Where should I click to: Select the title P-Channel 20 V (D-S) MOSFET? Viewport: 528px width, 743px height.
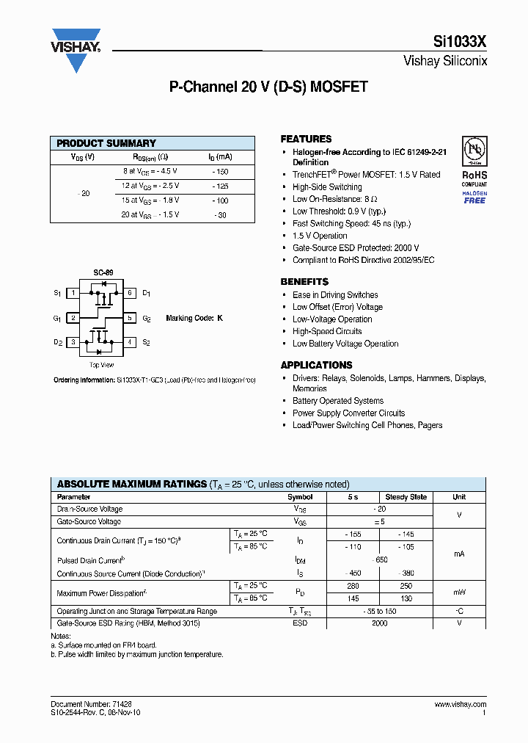click(x=268, y=87)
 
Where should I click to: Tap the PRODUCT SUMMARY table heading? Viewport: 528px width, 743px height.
click(x=106, y=143)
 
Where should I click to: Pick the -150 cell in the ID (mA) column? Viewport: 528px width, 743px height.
click(x=220, y=171)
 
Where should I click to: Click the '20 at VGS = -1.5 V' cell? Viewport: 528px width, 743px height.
click(x=150, y=214)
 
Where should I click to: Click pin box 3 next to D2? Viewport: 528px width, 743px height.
click(x=73, y=342)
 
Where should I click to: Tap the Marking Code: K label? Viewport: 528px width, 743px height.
click(x=194, y=318)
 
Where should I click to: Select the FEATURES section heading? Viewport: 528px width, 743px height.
click(x=306, y=139)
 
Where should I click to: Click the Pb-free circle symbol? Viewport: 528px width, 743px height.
click(x=474, y=151)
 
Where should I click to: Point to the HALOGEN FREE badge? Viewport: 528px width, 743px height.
click(x=474, y=197)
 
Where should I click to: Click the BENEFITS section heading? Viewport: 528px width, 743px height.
click(x=304, y=282)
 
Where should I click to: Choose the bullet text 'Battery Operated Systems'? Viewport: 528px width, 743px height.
click(x=338, y=401)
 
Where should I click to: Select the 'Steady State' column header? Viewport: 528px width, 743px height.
click(x=406, y=497)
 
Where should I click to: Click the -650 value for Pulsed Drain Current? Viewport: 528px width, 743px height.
click(x=381, y=560)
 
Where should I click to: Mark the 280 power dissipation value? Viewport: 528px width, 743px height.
click(x=353, y=586)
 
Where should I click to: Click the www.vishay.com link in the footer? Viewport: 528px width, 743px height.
click(x=460, y=704)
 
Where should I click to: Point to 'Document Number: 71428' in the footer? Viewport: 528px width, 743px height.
click(x=92, y=704)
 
